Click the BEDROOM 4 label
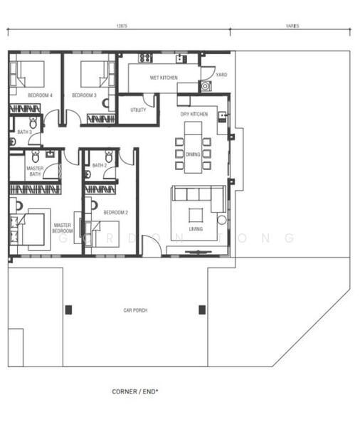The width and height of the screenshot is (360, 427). click(40, 95)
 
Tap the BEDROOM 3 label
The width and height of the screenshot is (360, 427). click(84, 95)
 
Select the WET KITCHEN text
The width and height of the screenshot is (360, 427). click(164, 78)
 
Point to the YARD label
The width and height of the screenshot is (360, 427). click(221, 74)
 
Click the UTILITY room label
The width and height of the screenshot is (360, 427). click(138, 110)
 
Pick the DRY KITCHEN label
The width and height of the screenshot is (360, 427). click(194, 114)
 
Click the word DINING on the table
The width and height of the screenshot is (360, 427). click(194, 154)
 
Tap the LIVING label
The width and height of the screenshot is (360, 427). click(196, 228)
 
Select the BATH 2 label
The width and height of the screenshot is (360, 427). click(99, 166)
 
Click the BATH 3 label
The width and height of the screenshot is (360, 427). click(24, 132)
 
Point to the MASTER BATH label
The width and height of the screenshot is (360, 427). click(35, 172)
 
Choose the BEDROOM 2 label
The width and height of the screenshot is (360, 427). click(115, 212)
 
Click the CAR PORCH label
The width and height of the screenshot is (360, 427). click(135, 310)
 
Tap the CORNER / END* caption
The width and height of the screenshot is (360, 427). click(135, 391)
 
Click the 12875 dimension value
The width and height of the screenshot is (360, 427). click(121, 26)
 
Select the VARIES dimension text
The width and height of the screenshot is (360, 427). click(292, 26)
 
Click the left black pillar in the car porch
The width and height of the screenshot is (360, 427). click(68, 310)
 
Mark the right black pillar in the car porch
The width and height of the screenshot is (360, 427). click(202, 310)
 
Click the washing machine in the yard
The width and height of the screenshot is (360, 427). click(206, 86)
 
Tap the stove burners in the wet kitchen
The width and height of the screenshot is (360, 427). click(145, 58)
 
